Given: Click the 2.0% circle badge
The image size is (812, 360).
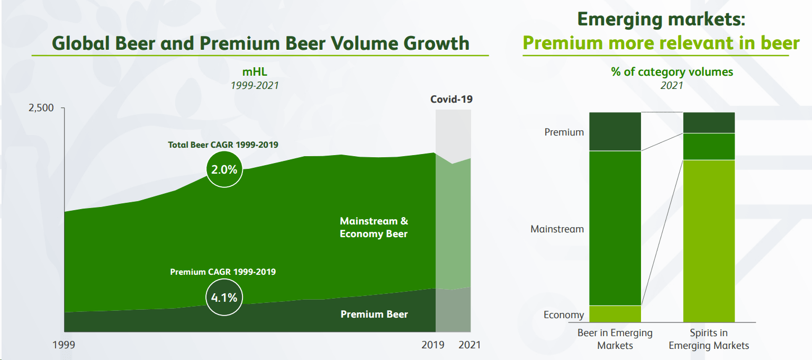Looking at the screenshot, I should click(225, 169).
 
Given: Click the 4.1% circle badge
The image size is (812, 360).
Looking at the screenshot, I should click(224, 297).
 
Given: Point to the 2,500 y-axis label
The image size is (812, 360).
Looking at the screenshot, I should click(41, 108).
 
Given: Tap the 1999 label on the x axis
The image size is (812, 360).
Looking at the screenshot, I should click(64, 345).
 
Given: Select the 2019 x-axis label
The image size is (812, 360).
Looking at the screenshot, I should click(432, 345).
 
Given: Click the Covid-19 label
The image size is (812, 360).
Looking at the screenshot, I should click(451, 99).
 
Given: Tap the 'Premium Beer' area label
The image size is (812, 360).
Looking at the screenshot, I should click(374, 314).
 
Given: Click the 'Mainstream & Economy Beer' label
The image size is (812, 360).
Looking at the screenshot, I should click(374, 227).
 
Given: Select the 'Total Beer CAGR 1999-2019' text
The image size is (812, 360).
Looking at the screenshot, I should click(223, 145).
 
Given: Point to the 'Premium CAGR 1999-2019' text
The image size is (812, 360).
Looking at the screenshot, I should click(223, 272).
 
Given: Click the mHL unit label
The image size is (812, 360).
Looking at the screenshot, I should click(254, 72).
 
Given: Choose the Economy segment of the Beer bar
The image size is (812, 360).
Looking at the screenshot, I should click(615, 314).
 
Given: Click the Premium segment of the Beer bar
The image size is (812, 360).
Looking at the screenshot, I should click(615, 131).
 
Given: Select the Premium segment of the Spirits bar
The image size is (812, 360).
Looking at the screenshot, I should click(709, 122).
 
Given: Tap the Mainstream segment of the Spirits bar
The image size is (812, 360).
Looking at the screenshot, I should click(709, 146).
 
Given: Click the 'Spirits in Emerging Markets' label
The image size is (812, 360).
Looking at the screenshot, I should click(709, 339).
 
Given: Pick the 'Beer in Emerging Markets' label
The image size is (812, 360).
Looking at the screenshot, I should click(615, 339).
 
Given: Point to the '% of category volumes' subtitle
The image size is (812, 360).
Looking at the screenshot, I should click(672, 71).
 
